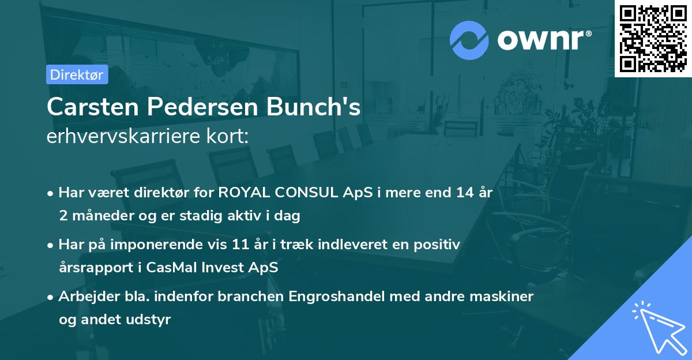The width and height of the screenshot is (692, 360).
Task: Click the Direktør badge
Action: click(77, 74)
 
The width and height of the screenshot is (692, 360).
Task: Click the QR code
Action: click(653, 39)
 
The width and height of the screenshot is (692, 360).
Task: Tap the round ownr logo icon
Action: click(469, 40)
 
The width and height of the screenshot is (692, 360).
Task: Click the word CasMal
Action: click(192, 268)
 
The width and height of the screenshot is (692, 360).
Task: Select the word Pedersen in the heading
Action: click(199, 107)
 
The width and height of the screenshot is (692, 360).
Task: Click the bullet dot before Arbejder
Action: click(51, 297)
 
